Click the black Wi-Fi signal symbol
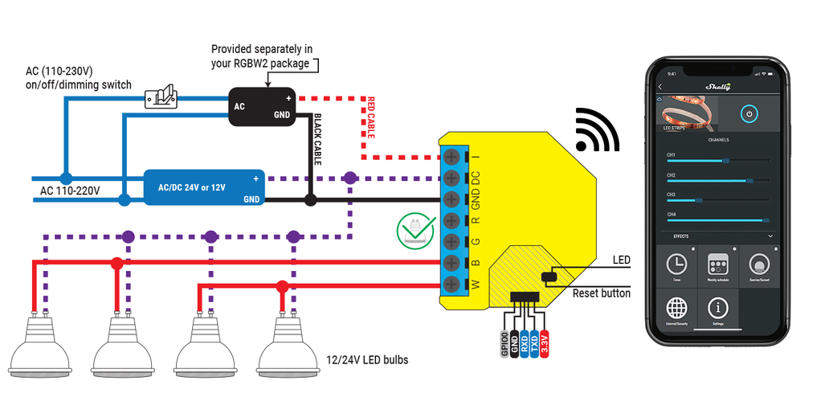tap(598, 130)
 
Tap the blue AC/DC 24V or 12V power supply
tap(205, 188)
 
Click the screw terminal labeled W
tap(451, 284)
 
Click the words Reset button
tap(601, 293)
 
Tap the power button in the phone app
tap(748, 114)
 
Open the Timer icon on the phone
tap(676, 265)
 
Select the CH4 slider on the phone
tap(718, 219)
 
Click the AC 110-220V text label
tap(70, 191)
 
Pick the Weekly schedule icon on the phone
tap(718, 265)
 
